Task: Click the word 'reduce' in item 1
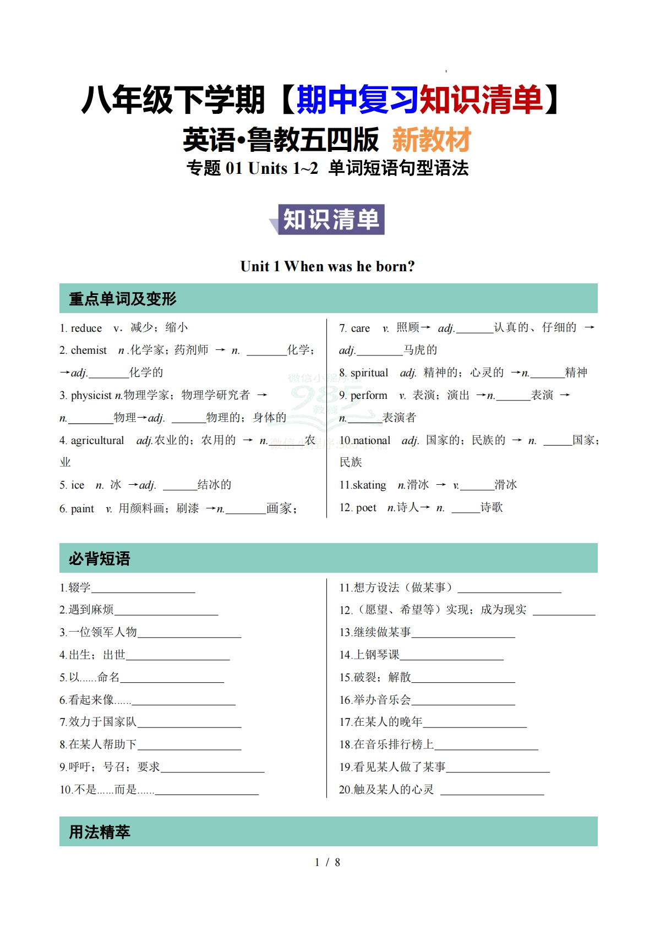coord(86,328)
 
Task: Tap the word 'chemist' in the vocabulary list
coord(89,350)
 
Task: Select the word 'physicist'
coord(91,395)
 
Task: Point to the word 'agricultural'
coord(97,440)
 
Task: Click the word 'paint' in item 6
coord(82,508)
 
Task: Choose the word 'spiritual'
coord(369,372)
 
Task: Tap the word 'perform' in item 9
coord(368,395)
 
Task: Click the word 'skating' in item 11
coord(369,485)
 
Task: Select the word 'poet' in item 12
coord(366,507)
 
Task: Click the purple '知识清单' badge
coord(331,220)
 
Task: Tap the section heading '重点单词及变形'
coord(122,299)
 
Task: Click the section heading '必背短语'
coord(100,558)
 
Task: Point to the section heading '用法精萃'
coord(100,832)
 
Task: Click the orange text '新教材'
coord(431,140)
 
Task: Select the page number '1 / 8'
coord(327,862)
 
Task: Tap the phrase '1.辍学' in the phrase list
coord(75,588)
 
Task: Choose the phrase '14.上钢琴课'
coord(369,655)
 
